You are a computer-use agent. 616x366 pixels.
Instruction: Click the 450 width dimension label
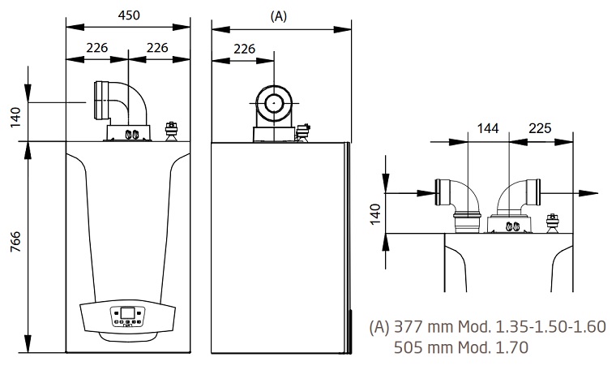tap(127, 14)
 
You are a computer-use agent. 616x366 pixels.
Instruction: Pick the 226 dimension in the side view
tap(244, 48)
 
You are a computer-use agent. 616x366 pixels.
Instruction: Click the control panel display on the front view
tap(127, 312)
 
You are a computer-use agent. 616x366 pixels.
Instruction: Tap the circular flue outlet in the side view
tap(274, 104)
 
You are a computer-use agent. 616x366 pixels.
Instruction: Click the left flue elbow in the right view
tap(459, 198)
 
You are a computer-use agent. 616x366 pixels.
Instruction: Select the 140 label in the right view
tap(374, 214)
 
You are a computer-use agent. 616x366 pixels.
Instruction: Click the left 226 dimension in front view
tap(96, 47)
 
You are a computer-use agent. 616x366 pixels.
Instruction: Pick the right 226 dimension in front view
tap(157, 47)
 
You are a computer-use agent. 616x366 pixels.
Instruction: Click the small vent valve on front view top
tap(171, 130)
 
